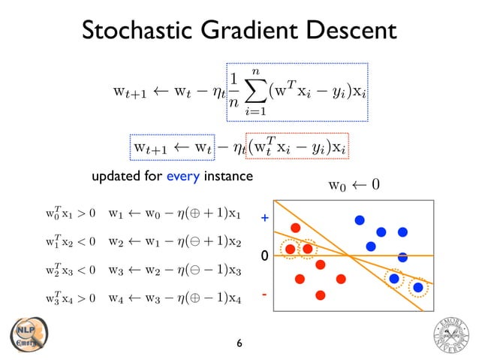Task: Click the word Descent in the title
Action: pos(349,31)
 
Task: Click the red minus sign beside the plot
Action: pos(264,294)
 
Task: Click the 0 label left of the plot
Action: pos(264,257)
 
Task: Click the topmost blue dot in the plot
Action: pos(360,220)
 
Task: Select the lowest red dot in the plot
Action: pos(321,295)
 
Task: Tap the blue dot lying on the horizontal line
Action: pos(402,257)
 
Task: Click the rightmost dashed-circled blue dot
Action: pos(418,287)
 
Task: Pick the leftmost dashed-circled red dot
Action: pos(290,249)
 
